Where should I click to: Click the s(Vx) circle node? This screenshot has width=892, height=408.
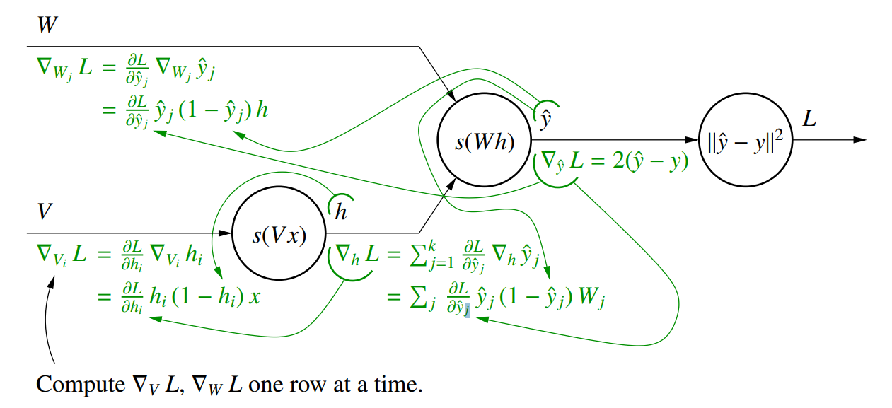point(279,235)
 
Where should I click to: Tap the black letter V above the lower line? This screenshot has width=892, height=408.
point(44,211)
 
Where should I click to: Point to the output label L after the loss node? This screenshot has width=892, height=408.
point(809,119)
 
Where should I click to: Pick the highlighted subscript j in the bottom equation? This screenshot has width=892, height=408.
point(467,308)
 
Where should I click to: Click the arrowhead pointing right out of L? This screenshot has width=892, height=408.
point(859,140)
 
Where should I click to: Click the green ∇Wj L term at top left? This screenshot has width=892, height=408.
point(64,69)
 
